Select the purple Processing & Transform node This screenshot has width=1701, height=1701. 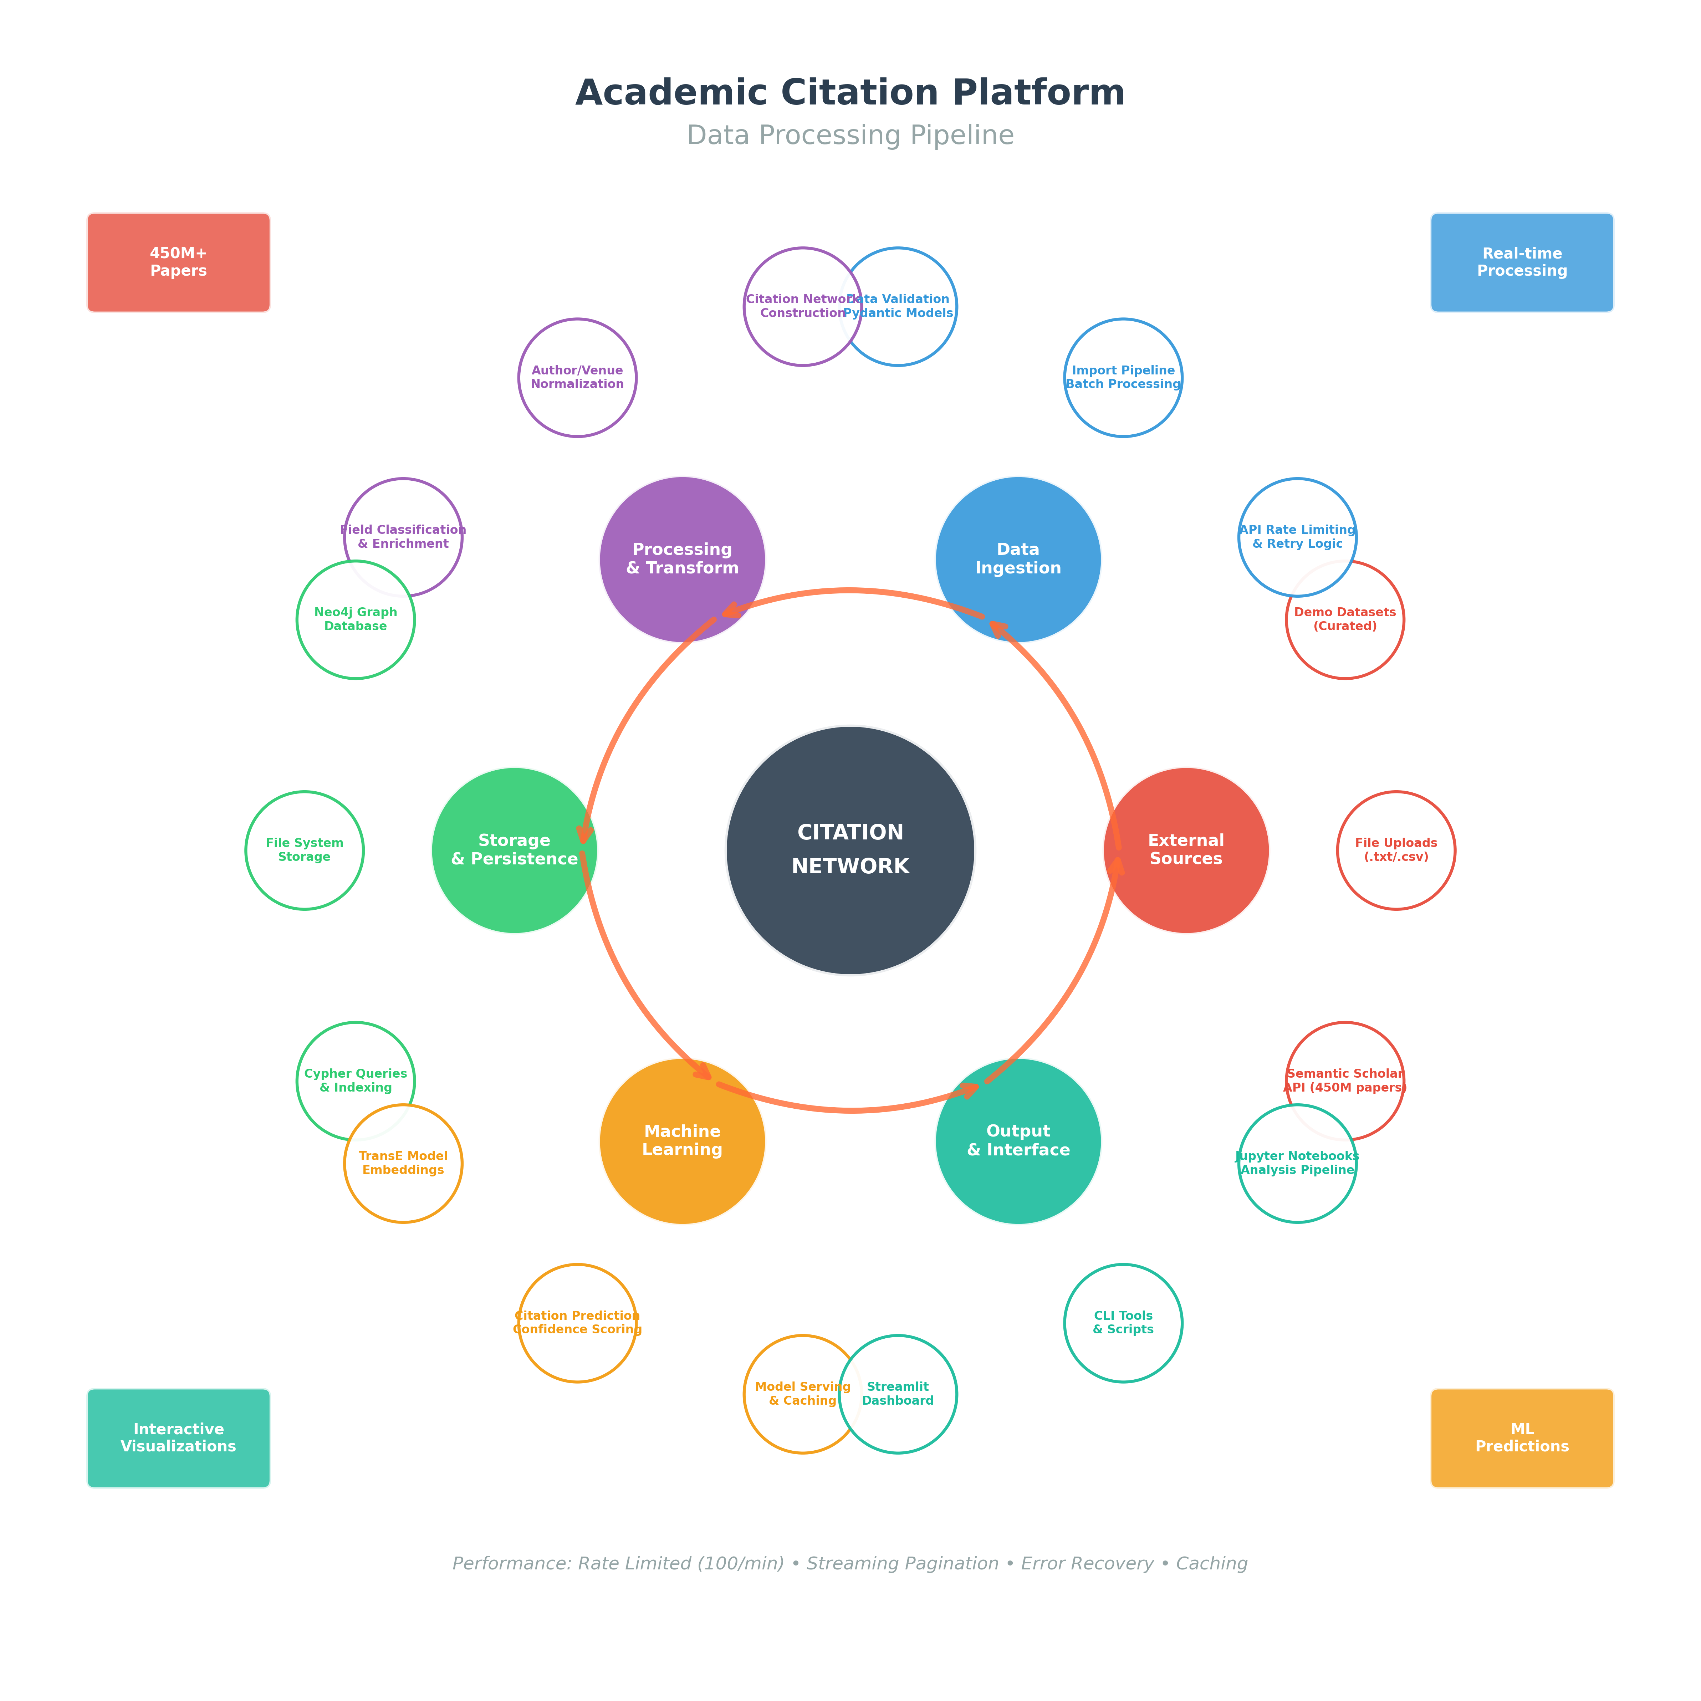coord(682,559)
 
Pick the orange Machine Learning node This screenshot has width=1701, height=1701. coord(682,1141)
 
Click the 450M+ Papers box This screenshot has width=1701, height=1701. coord(179,262)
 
